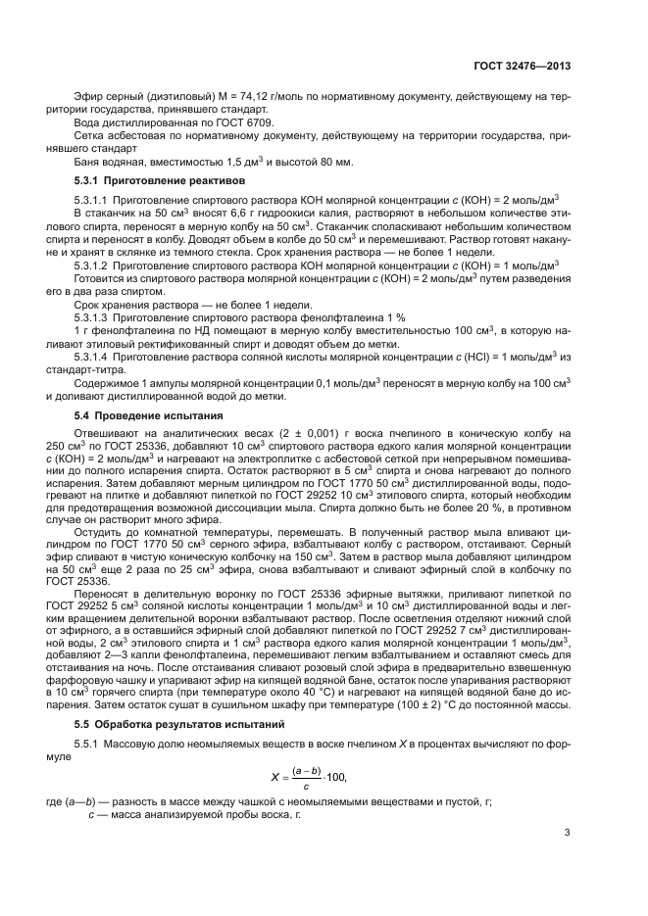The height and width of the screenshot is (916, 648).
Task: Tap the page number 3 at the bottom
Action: click(x=568, y=834)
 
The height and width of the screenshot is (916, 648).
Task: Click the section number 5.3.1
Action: click(x=91, y=181)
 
